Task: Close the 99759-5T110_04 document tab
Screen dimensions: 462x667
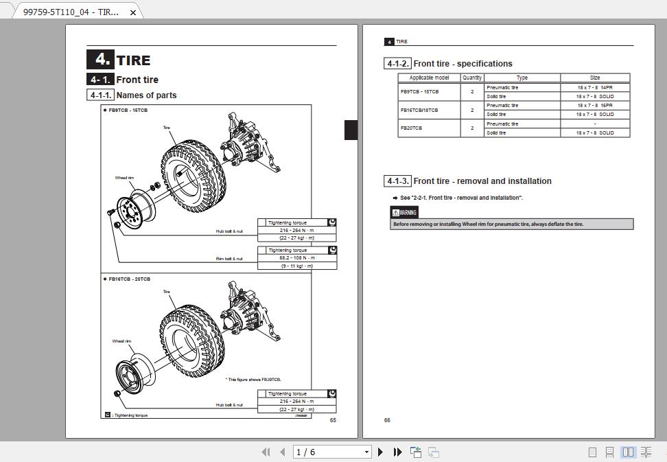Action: click(x=134, y=12)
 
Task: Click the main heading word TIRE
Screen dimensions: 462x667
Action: click(x=133, y=60)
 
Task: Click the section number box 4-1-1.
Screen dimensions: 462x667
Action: click(x=100, y=95)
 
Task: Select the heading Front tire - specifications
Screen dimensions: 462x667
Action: click(x=463, y=64)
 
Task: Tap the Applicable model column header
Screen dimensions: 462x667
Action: click(x=429, y=78)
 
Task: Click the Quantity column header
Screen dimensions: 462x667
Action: click(x=472, y=78)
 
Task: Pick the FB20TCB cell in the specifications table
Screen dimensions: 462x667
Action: click(x=412, y=128)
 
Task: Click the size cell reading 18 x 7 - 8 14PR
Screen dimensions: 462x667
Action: click(x=594, y=87)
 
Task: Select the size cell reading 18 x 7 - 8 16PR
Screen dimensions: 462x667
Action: click(x=594, y=106)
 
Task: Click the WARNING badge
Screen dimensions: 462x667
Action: click(x=404, y=213)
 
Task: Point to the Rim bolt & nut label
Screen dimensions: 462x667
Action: click(x=229, y=259)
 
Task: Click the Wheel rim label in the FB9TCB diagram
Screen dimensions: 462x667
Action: click(x=124, y=178)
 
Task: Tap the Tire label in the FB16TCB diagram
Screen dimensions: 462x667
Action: click(x=166, y=292)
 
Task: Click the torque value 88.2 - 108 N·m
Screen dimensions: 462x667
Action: click(x=296, y=258)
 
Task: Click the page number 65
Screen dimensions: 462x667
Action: click(x=333, y=420)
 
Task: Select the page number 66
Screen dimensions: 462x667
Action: click(x=387, y=420)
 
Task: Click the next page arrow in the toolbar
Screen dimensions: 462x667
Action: click(x=381, y=452)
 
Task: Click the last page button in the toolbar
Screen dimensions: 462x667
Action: click(x=397, y=452)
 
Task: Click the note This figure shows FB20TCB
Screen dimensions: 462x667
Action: click(x=253, y=380)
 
